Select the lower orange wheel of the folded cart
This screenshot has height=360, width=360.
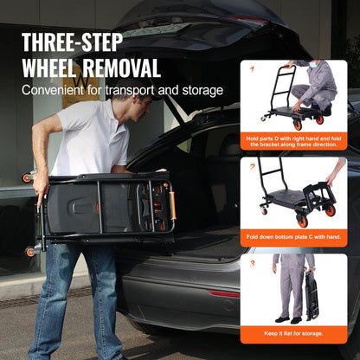[x=31, y=252]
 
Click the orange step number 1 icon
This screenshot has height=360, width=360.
[x=252, y=67]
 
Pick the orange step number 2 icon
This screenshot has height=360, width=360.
[x=252, y=164]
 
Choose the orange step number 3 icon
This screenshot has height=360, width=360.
[x=252, y=261]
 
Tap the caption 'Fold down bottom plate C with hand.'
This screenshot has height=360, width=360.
[x=294, y=237]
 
